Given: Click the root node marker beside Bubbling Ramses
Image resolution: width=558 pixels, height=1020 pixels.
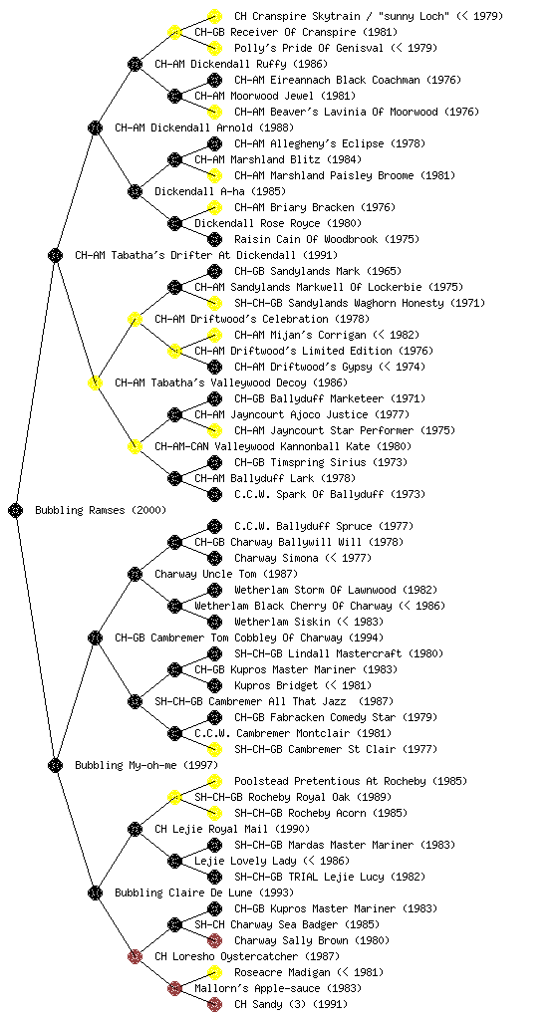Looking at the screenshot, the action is [x=16, y=510].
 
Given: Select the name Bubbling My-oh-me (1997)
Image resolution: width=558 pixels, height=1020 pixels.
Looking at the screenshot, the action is [x=146, y=765].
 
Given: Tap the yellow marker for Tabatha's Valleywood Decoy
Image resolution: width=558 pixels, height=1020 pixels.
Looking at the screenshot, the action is [x=95, y=382].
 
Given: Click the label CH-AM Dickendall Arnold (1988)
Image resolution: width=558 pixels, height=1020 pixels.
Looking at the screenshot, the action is [x=204, y=127].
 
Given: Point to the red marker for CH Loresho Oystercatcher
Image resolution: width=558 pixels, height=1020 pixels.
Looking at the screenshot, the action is [x=135, y=956].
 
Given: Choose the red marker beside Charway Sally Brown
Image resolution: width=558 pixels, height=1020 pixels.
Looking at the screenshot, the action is [x=214, y=940].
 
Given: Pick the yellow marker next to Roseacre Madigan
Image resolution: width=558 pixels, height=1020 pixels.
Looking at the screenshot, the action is [x=214, y=972].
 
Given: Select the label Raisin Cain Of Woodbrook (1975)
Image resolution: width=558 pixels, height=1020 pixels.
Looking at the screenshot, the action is [x=327, y=239].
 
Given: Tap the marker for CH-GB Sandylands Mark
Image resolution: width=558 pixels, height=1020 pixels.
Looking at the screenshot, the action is [x=214, y=271].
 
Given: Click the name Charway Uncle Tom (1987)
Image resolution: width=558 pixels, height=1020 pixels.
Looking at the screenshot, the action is [x=226, y=574].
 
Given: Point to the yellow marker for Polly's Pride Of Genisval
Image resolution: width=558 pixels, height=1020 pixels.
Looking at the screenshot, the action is [x=214, y=48].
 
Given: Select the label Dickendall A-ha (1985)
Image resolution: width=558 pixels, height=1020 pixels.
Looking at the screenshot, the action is [x=220, y=191].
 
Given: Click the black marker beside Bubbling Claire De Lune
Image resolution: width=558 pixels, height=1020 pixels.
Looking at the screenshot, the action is [x=95, y=892].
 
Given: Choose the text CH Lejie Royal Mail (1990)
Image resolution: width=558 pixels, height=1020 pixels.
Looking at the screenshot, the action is [x=232, y=829].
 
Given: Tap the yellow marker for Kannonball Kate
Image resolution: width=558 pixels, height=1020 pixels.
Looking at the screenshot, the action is [x=135, y=446].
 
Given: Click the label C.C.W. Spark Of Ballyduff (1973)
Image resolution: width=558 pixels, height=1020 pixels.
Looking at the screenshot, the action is [x=330, y=494].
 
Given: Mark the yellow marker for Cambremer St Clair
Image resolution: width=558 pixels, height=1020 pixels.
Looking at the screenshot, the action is [x=214, y=749].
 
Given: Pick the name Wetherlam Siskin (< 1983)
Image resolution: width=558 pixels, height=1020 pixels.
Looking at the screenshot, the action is [x=309, y=622].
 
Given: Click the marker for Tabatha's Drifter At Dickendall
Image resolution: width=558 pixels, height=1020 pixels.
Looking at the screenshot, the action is [x=55, y=255].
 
